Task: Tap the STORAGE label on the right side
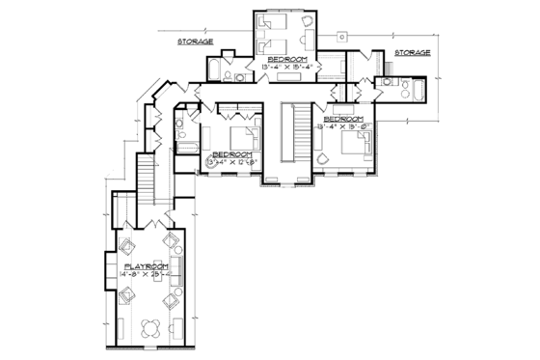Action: click(412, 53)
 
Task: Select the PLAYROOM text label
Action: click(146, 264)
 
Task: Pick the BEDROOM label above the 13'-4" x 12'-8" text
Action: click(232, 153)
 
